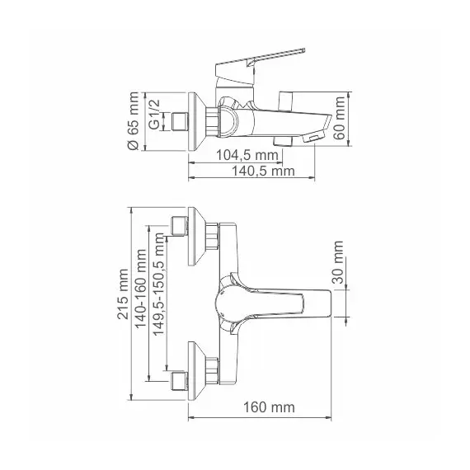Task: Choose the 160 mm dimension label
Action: [x=270, y=407]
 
